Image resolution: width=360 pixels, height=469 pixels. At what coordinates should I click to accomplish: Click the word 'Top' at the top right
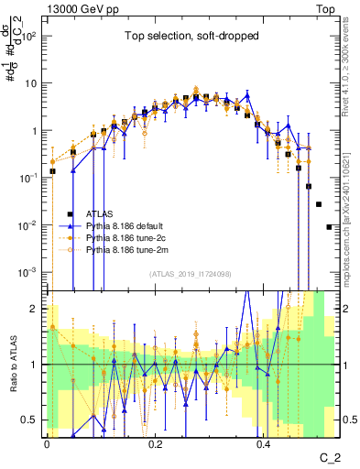tap(327, 8)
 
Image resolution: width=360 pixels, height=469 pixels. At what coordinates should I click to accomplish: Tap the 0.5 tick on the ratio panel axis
tap(34, 420)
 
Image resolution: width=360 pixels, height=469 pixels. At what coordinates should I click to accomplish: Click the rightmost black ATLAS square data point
tap(329, 226)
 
